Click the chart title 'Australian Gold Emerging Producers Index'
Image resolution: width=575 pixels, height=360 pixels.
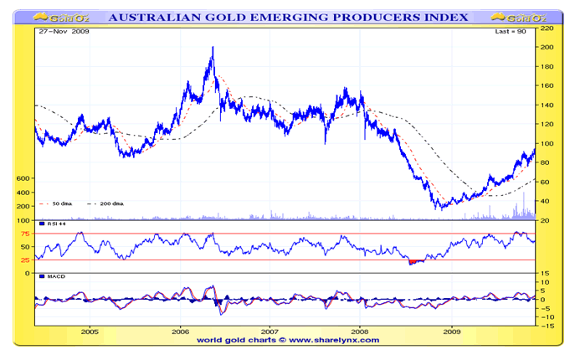(287, 17)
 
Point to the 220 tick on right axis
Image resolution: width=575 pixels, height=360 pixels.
(547, 28)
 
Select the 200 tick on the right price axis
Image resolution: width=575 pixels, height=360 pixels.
(547, 47)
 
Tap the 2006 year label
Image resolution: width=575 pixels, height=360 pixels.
(181, 332)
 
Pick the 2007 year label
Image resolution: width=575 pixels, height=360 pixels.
(270, 332)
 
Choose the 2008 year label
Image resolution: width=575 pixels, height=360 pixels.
(360, 332)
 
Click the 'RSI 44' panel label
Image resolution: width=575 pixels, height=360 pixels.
(54, 225)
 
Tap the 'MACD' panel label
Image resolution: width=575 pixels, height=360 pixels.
(55, 276)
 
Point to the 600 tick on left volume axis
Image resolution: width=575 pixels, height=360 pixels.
(23, 178)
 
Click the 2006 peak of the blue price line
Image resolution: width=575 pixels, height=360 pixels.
(212, 48)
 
